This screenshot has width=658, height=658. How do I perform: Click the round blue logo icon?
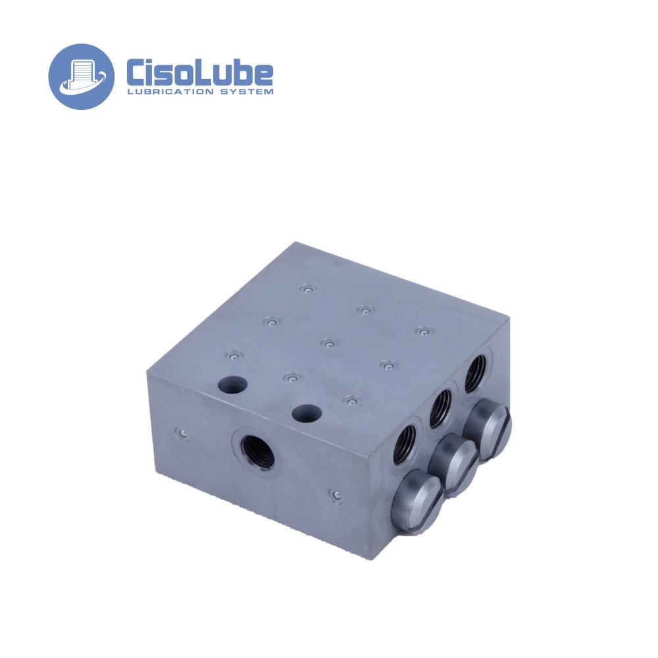click(81, 77)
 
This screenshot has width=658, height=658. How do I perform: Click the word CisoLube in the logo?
click(200, 74)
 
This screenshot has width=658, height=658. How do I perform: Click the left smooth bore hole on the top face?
click(232, 384)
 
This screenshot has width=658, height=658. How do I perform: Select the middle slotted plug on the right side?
click(455, 465)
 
